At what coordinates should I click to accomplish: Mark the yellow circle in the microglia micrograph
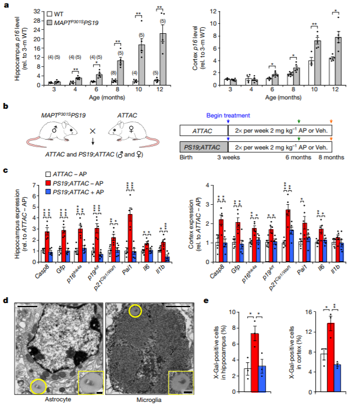click(136, 312)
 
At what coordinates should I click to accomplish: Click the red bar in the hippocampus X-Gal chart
click(254, 356)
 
